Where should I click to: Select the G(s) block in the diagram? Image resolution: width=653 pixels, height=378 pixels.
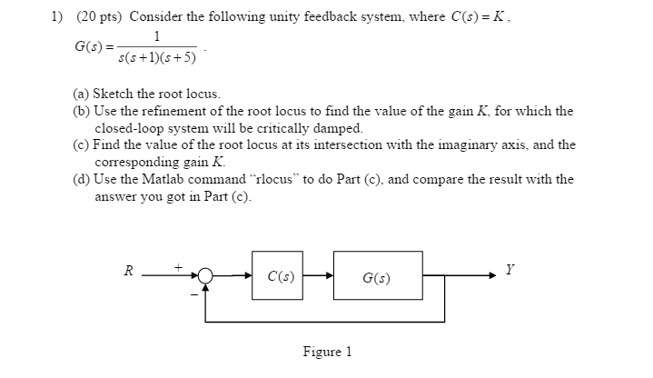click(377, 275)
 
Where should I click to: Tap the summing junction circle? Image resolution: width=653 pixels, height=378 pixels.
click(207, 275)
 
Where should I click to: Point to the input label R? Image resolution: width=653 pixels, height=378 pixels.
click(129, 270)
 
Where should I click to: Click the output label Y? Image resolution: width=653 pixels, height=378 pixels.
click(510, 270)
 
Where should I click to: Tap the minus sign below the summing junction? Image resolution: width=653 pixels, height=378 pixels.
click(193, 293)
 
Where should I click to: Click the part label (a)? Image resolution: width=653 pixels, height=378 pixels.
click(82, 94)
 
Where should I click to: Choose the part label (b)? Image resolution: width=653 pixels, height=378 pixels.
click(82, 111)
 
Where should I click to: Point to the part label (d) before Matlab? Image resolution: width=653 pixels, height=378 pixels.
click(82, 179)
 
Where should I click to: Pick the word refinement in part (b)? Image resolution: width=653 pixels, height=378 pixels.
click(185, 111)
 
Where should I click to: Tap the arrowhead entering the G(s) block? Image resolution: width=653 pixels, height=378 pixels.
click(330, 275)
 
